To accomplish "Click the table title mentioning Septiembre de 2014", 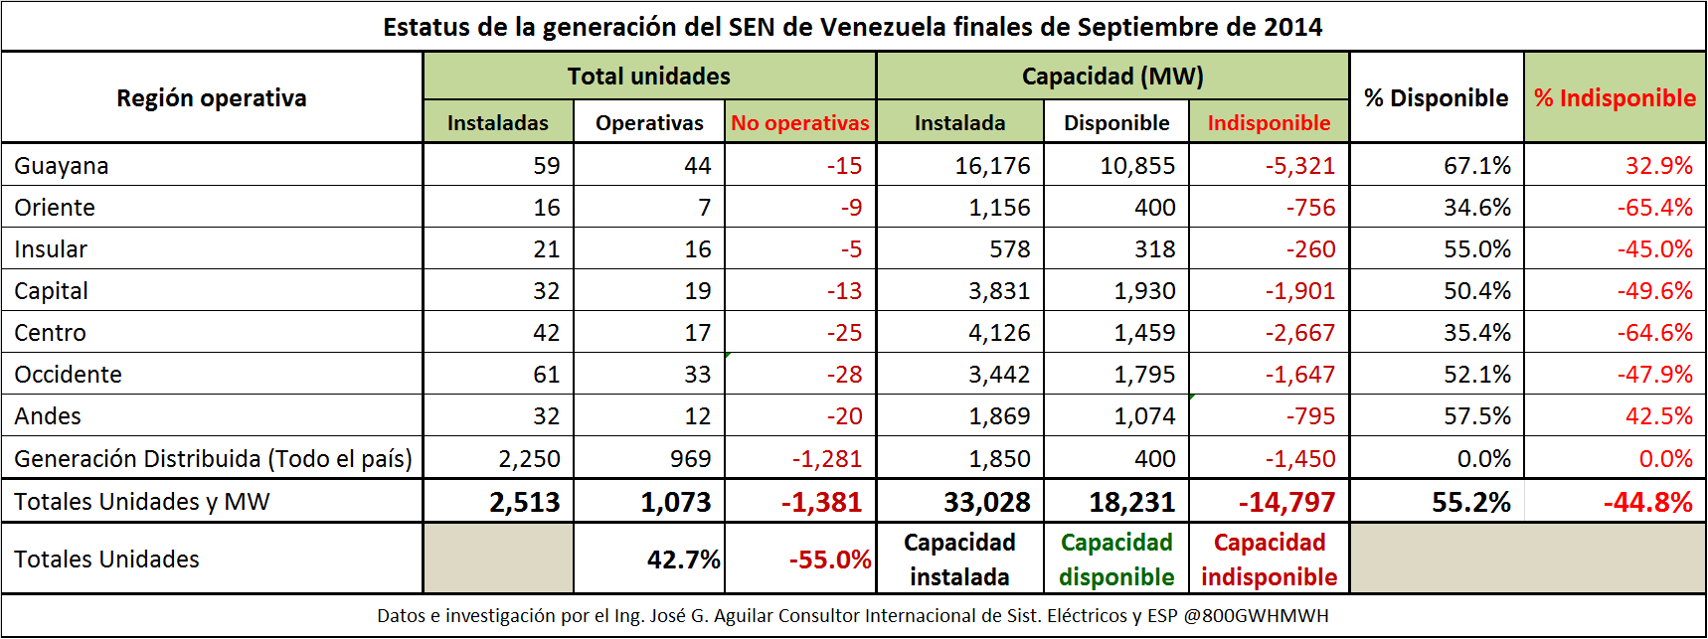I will (x=853, y=27).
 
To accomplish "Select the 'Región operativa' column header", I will (x=212, y=98).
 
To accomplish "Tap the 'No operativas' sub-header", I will (x=799, y=123).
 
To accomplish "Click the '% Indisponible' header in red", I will (x=1615, y=98).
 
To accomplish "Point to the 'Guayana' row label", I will (x=62, y=166).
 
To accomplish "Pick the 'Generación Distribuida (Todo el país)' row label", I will (x=213, y=459).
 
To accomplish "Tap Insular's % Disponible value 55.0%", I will (x=1476, y=249).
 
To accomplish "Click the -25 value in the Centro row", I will (x=844, y=333).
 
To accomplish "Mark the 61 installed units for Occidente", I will (x=546, y=375).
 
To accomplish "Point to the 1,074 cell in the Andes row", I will (x=1144, y=416).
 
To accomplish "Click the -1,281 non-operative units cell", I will (x=826, y=459).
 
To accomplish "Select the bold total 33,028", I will (x=986, y=502).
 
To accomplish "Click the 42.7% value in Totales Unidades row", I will (x=683, y=559).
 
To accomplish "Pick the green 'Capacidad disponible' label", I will (x=1116, y=559).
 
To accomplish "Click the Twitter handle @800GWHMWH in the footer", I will (x=1256, y=616).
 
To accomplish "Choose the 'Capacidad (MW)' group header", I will (x=1112, y=77).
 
